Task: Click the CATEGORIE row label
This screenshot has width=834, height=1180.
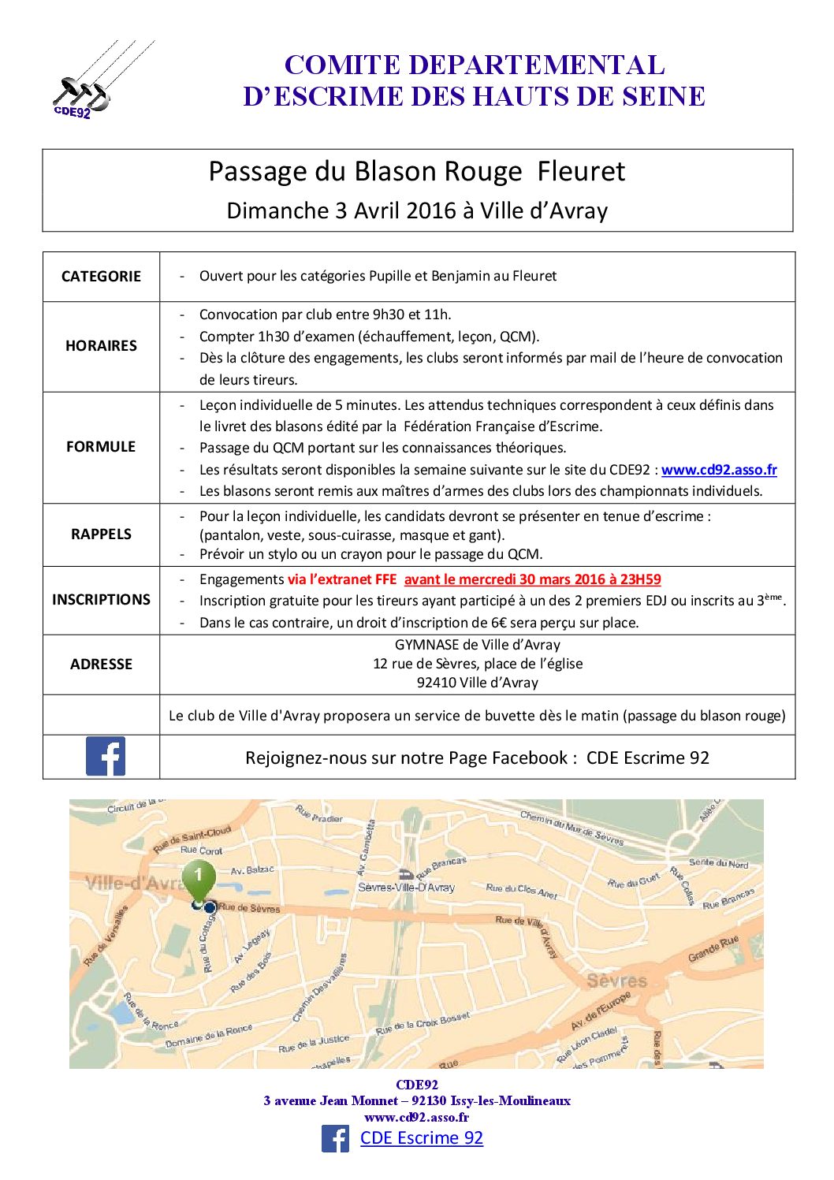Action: [x=101, y=276]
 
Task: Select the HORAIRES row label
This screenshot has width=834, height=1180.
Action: [x=101, y=345]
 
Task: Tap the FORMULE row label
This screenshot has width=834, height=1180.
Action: [x=101, y=446]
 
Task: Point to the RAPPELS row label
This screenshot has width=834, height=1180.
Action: [x=101, y=534]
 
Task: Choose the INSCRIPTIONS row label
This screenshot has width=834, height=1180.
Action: [x=101, y=599]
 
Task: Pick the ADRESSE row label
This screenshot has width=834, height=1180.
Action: [x=101, y=664]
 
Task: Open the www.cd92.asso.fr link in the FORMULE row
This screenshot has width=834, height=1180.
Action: [x=719, y=470]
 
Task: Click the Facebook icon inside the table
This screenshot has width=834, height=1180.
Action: [x=105, y=757]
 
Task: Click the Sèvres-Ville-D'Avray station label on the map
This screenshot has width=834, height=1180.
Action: [x=406, y=887]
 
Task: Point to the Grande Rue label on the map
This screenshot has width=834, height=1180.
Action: [x=713, y=948]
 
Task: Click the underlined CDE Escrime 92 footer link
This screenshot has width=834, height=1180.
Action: [x=421, y=1138]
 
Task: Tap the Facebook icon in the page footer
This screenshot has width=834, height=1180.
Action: [x=335, y=1139]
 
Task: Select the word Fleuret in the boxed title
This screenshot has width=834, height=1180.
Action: [x=581, y=171]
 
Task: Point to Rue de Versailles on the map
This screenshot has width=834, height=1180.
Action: [x=106, y=936]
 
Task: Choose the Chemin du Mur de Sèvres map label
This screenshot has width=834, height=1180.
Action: [x=572, y=828]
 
